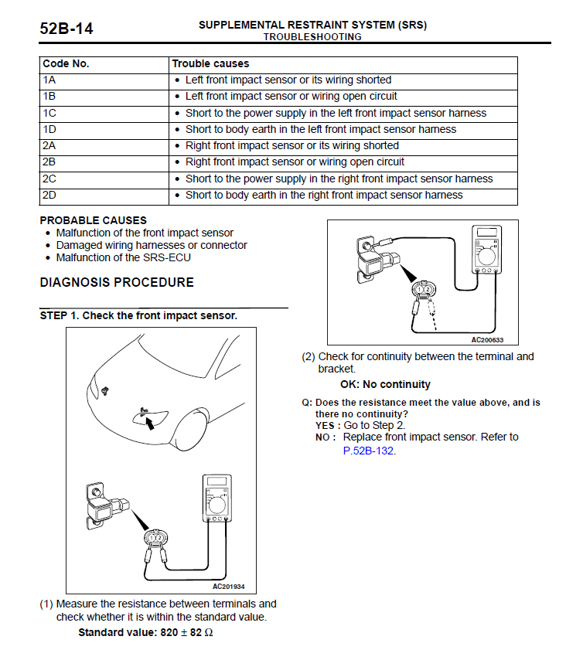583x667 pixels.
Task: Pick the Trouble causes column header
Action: click(x=210, y=63)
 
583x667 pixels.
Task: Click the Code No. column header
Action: click(x=66, y=63)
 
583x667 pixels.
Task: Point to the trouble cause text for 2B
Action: click(x=295, y=162)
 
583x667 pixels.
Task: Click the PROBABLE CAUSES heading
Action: click(x=93, y=220)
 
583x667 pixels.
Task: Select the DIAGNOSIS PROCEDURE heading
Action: click(x=117, y=282)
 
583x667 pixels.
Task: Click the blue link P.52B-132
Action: click(x=369, y=451)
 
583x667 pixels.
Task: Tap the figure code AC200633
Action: click(x=488, y=339)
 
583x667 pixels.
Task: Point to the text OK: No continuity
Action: click(x=385, y=385)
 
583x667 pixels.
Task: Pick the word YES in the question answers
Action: click(x=325, y=426)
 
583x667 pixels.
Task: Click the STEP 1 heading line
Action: click(x=138, y=315)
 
